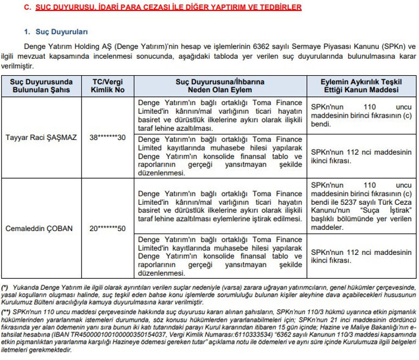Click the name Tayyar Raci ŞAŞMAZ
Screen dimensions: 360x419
click(41, 137)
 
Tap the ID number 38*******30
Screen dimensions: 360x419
click(108, 137)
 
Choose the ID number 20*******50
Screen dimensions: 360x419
click(108, 228)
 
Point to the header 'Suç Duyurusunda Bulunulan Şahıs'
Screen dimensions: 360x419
click(41, 85)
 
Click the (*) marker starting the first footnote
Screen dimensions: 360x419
click(5, 286)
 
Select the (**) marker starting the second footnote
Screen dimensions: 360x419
click(6, 310)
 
